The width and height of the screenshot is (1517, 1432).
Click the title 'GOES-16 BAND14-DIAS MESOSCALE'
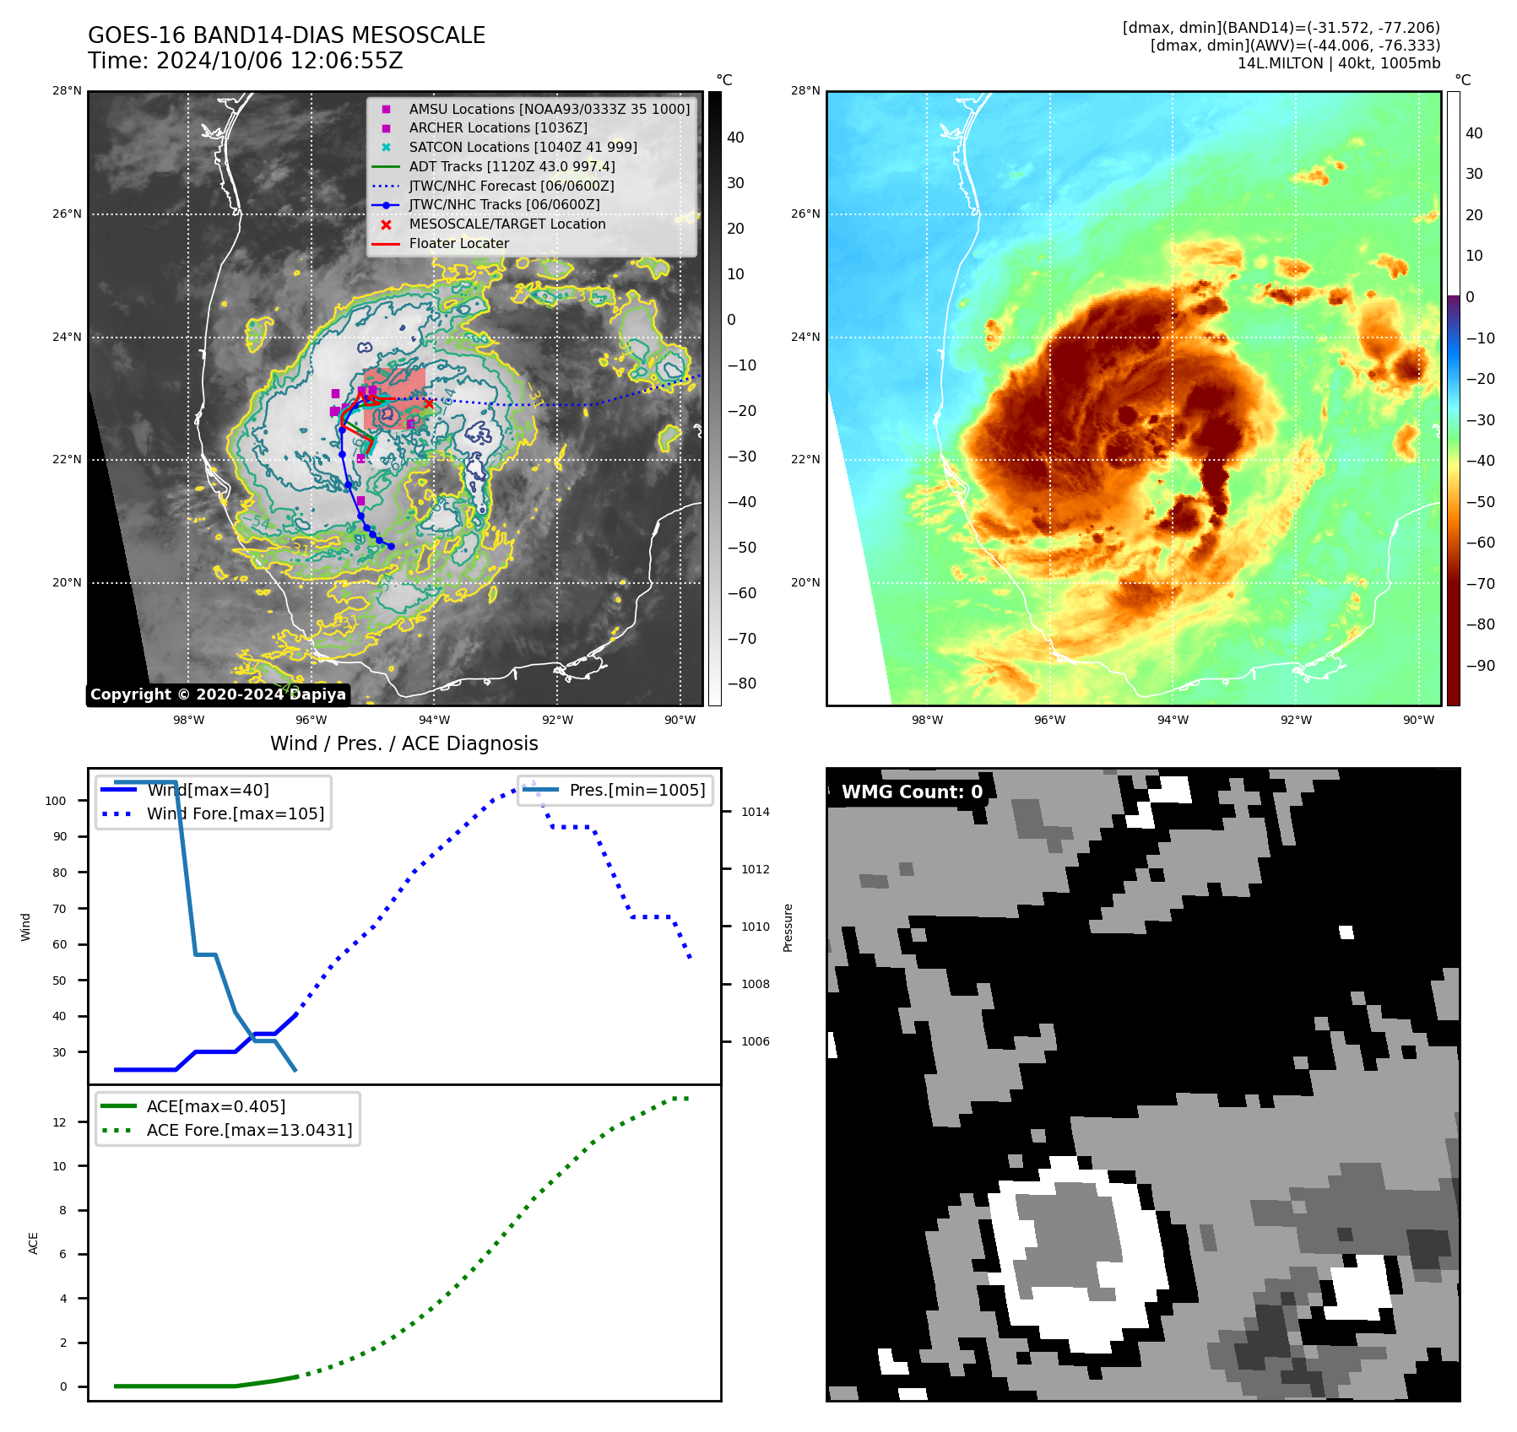point(286,35)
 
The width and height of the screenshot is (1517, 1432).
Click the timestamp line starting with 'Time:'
point(246,61)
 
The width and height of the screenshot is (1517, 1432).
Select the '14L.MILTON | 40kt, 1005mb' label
point(1338,63)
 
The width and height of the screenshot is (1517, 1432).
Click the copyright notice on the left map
point(218,694)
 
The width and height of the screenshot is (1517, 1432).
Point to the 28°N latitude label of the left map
point(67,91)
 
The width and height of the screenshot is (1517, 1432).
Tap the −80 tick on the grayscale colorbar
point(741,684)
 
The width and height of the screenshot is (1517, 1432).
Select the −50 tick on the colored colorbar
point(1480,502)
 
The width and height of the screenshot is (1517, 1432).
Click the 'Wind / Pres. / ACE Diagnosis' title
point(404,743)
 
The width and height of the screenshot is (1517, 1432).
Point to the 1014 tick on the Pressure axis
point(755,812)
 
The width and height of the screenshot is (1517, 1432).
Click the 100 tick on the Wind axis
point(56,801)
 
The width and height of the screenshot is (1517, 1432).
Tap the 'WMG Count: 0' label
point(912,792)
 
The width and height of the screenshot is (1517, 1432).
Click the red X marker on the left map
point(429,403)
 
